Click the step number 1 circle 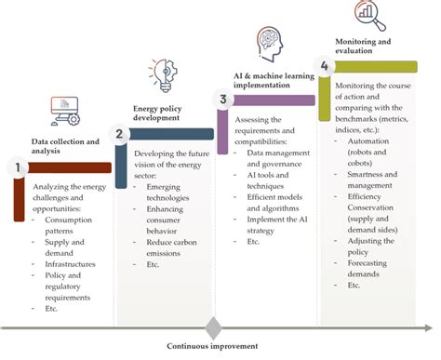click(x=15, y=167)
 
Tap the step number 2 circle click(x=120, y=134)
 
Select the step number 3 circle click(x=222, y=100)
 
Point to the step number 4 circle click(x=324, y=66)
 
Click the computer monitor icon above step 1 click(x=65, y=110)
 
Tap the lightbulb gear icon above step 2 click(x=160, y=75)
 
